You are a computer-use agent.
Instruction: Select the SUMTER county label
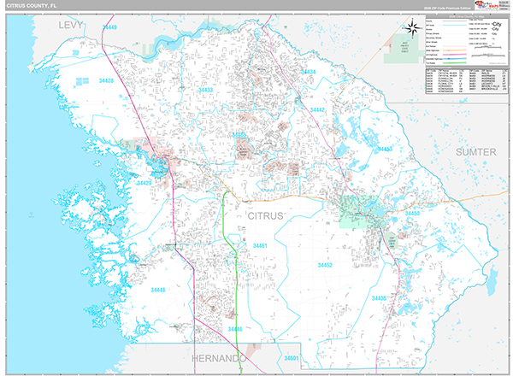(475, 151)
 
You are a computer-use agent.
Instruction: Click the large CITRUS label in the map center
(264, 217)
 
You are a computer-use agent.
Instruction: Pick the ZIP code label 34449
(109, 28)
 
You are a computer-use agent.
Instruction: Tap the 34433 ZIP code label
(206, 89)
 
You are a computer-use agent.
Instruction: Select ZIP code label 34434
(307, 72)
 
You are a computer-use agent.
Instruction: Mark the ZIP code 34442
(317, 110)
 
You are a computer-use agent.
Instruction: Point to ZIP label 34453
(385, 150)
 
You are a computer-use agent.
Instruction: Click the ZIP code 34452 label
(325, 266)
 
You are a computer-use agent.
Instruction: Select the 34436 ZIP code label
(379, 297)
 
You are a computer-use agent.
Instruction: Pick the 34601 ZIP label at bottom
(293, 357)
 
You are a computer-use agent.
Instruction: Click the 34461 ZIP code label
(260, 246)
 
